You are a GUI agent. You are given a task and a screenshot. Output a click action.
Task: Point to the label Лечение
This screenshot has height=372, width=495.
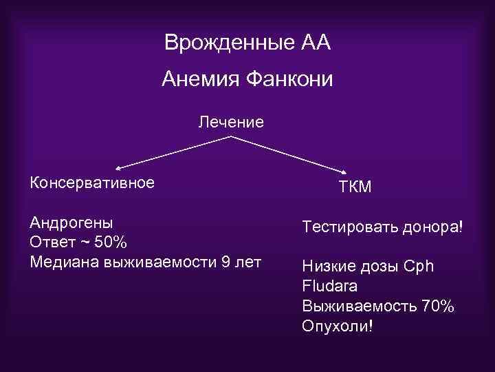231,123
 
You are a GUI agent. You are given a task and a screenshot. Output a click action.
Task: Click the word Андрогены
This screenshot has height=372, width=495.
72,224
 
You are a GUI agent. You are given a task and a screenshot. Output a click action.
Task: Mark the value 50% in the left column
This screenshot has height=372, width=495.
110,242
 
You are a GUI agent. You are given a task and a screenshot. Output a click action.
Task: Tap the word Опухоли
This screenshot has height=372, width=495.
337,325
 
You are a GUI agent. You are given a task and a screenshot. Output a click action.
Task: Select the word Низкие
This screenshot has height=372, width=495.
326,267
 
